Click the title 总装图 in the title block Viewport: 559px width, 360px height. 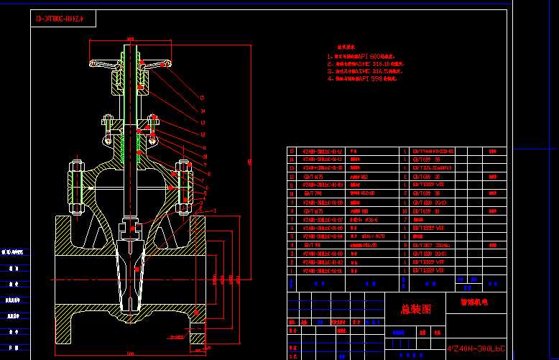pyautogui.click(x=416, y=310)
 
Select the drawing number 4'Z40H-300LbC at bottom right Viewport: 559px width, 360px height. pyautogui.click(x=476, y=349)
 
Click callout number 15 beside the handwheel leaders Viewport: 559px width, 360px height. pyautogui.click(x=203, y=98)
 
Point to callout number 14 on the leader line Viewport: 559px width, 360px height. pyautogui.click(x=203, y=111)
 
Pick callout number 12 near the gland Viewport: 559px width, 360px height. pyautogui.click(x=203, y=134)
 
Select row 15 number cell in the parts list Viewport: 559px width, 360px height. pyautogui.click(x=292, y=152)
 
